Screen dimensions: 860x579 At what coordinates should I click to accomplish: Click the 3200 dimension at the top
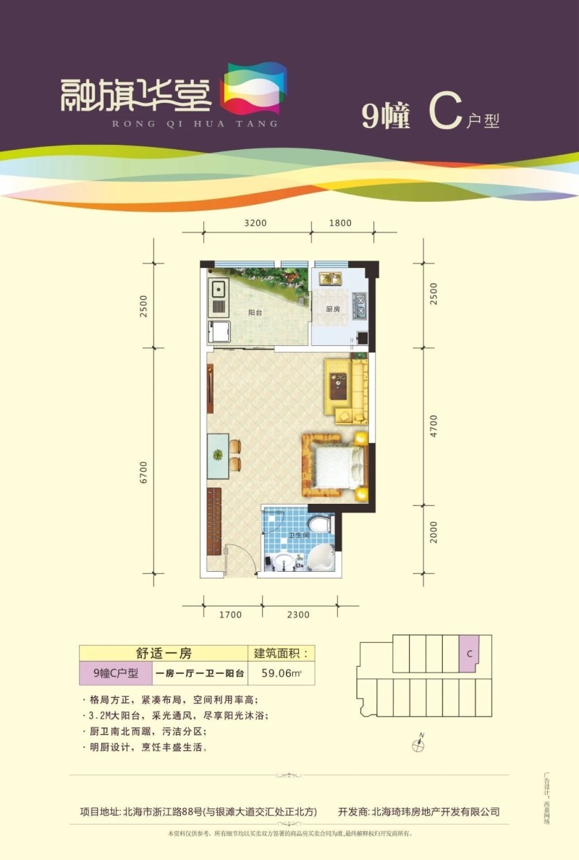pyautogui.click(x=256, y=223)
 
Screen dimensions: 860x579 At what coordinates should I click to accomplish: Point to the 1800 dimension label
pyautogui.click(x=340, y=223)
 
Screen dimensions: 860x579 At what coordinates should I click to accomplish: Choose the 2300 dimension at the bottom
pyautogui.click(x=297, y=615)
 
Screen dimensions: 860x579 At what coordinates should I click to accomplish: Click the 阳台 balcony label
pyautogui.click(x=255, y=313)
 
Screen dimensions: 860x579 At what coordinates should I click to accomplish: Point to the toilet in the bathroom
pyautogui.click(x=318, y=524)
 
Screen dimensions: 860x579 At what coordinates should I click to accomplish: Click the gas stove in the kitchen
pyautogui.click(x=358, y=307)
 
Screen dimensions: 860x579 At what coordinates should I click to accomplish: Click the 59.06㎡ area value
pyautogui.click(x=281, y=673)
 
